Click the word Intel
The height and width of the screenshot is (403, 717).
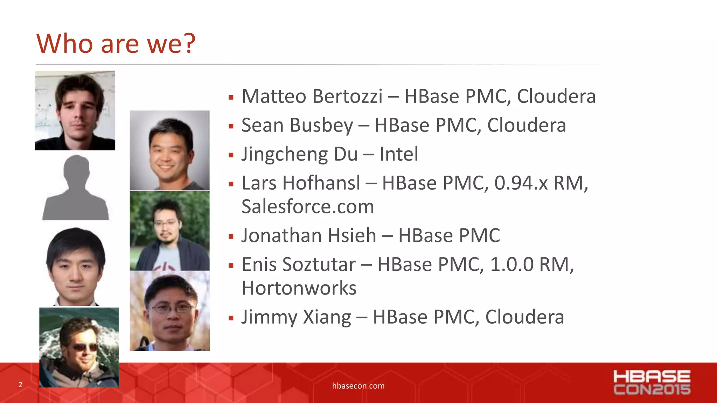tap(399, 154)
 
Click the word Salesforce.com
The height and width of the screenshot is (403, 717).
tap(308, 206)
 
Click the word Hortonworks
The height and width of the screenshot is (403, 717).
tap(299, 288)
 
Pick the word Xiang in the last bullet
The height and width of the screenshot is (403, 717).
tap(327, 317)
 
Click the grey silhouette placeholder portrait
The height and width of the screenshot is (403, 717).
tap(76, 189)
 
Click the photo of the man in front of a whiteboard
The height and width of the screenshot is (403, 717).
tap(75, 111)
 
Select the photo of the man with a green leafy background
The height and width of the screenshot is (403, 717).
tap(170, 231)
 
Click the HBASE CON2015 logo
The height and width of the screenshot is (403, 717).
tap(652, 382)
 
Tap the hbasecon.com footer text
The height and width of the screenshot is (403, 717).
tap(358, 386)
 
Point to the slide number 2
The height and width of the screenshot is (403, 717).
tap(20, 385)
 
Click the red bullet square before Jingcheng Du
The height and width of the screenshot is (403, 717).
tap(231, 155)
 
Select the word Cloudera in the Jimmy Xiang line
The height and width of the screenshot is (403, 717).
tap(524, 317)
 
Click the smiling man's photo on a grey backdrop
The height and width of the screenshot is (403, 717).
tap(170, 150)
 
